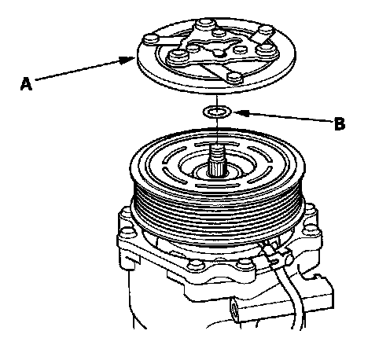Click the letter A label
pyautogui.click(x=26, y=83)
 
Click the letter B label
pyautogui.click(x=340, y=123)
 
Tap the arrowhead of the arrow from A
pyautogui.click(x=127, y=60)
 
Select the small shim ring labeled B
pyautogui.click(x=217, y=112)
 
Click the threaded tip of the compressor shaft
pyautogui.click(x=217, y=152)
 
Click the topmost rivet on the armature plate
pyautogui.click(x=205, y=24)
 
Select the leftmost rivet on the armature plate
pyautogui.click(x=151, y=39)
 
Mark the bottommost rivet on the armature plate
pyautogui.click(x=234, y=77)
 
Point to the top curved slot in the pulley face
pyautogui.click(x=217, y=145)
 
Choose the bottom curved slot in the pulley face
pyautogui.click(x=218, y=186)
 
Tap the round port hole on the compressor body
pyautogui.click(x=234, y=309)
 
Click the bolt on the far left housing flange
pyautogui.click(x=127, y=232)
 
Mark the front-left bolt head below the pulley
pyautogui.click(x=193, y=263)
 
